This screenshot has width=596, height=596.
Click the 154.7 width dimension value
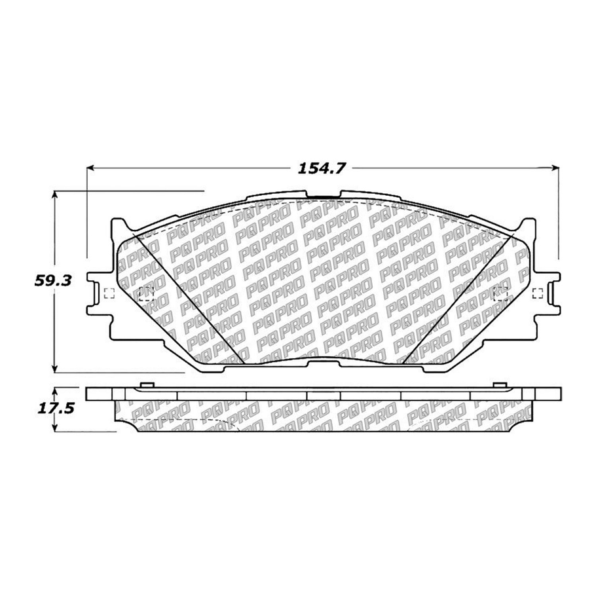coord(322,168)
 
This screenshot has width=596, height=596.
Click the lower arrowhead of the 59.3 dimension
coord(55,368)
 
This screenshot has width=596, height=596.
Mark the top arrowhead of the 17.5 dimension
coord(55,388)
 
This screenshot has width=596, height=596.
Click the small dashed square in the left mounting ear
coord(109,293)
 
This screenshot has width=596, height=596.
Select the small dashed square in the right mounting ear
coord(538,293)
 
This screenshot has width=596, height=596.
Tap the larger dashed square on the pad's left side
coord(145,293)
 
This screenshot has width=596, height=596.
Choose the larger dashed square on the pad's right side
coord(501,293)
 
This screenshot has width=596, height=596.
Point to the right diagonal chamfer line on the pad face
coord(458,298)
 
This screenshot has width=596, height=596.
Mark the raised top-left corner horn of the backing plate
coord(119,223)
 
